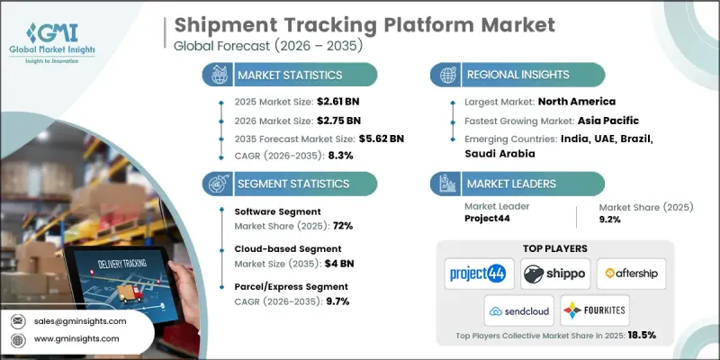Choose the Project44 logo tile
[478, 272]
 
